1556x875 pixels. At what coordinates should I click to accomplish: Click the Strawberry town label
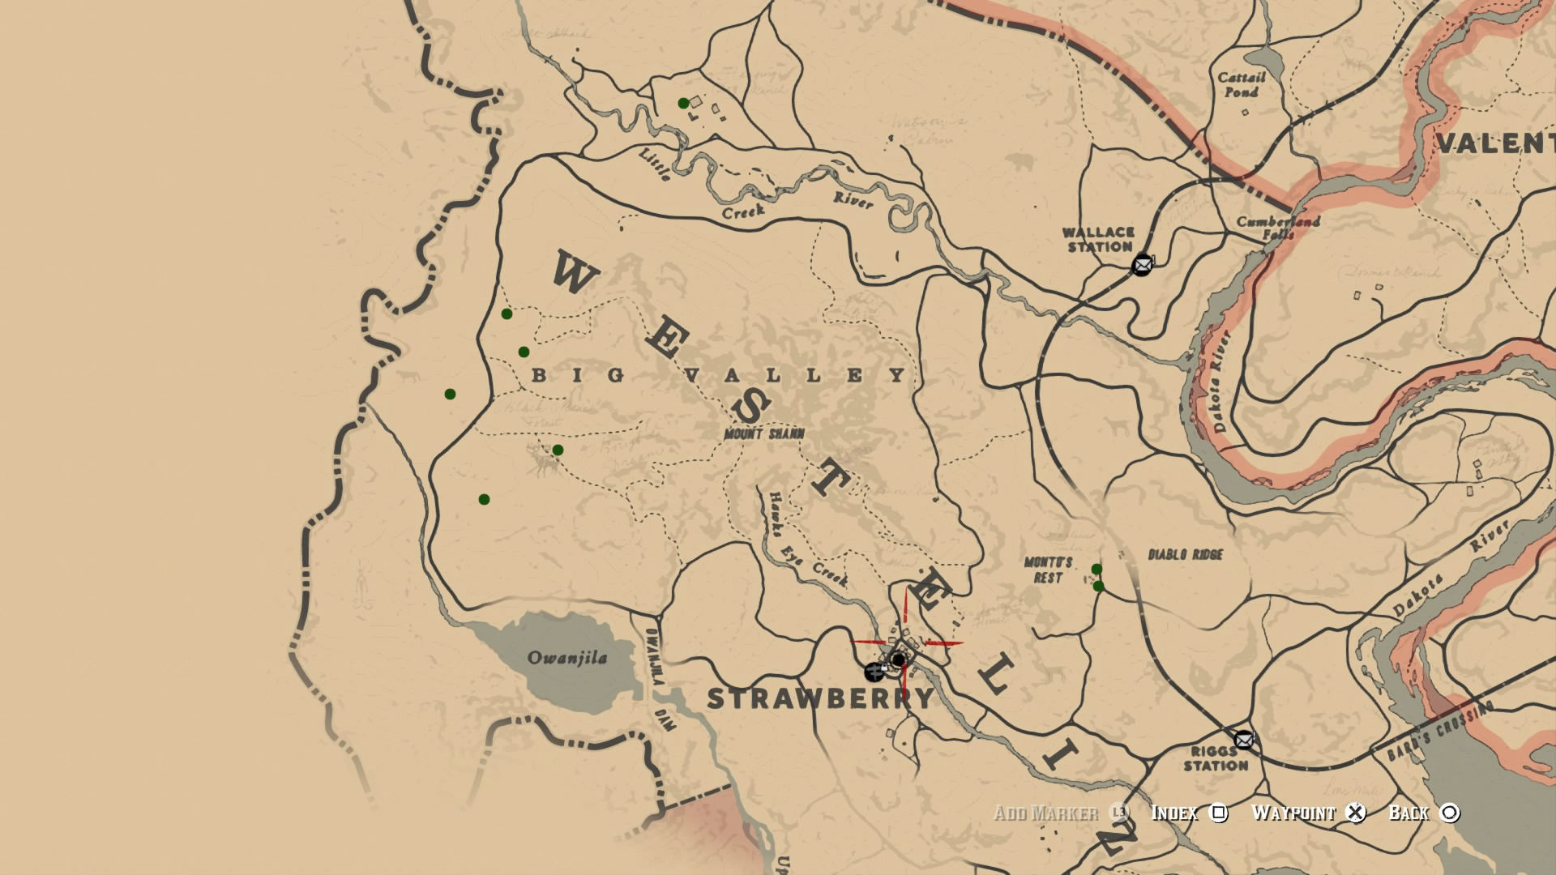click(820, 698)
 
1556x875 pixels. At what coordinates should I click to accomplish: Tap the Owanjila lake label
click(567, 657)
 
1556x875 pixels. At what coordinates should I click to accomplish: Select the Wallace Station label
click(1099, 240)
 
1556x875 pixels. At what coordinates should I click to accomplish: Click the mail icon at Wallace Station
click(1142, 264)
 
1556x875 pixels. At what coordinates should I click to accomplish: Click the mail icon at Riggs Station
click(1244, 739)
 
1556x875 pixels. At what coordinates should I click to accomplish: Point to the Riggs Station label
click(1216, 758)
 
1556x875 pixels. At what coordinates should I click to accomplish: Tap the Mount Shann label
click(764, 434)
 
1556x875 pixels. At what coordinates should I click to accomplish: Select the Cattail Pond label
click(1242, 84)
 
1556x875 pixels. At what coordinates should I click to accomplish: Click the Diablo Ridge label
click(1186, 554)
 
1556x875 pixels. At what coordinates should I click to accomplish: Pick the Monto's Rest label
click(1048, 570)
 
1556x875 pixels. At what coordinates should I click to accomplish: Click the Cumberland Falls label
click(1278, 227)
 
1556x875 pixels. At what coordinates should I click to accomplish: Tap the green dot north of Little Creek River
click(683, 103)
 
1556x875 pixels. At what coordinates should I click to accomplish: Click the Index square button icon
click(1219, 813)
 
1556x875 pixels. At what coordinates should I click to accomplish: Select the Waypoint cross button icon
click(1356, 813)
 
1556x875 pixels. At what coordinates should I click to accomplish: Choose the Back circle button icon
click(1450, 813)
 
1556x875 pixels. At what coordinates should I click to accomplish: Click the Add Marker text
click(1045, 813)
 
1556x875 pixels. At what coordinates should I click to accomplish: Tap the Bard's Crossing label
click(1439, 732)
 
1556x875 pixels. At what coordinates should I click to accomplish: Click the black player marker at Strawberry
click(898, 660)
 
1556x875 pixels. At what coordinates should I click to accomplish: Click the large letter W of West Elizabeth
click(575, 273)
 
